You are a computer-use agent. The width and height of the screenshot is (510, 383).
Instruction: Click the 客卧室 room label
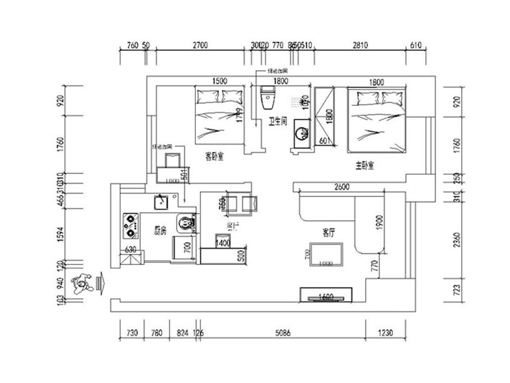tap(217, 157)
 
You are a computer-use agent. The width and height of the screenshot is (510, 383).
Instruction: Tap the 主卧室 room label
tap(364, 166)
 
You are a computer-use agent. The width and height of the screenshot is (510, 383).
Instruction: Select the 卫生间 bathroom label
tap(277, 121)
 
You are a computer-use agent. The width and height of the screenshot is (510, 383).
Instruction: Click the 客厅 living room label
tap(328, 233)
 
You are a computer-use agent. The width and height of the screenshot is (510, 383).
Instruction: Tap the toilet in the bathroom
tap(267, 99)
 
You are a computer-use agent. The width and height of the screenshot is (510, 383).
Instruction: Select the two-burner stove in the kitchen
tap(130, 223)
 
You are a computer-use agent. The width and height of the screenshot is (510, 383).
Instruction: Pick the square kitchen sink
tap(162, 202)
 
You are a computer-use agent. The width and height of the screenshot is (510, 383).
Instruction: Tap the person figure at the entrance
tap(83, 283)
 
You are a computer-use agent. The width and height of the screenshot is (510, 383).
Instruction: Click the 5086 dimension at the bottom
tap(283, 333)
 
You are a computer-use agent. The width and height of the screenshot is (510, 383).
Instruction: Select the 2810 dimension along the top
tap(360, 46)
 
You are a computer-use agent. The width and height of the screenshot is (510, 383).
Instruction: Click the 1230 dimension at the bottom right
tap(385, 333)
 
